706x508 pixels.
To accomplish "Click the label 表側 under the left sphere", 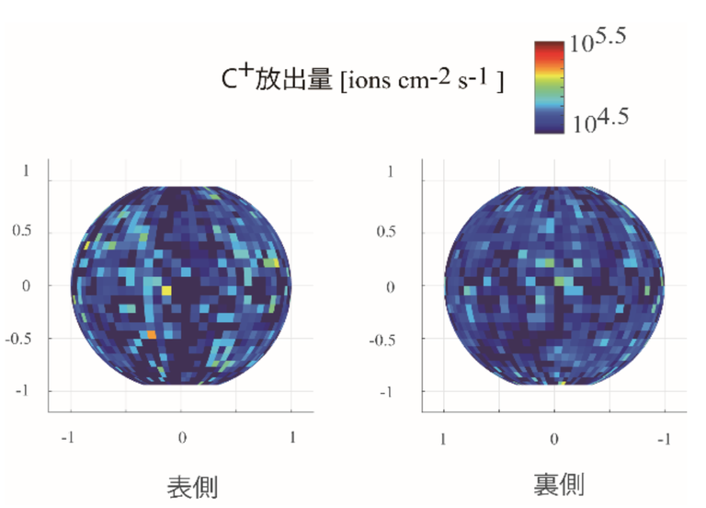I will pyautogui.click(x=192, y=485).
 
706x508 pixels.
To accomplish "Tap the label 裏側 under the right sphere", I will pyautogui.click(x=558, y=483).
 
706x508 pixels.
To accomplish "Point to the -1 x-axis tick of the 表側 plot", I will pyautogui.click(x=67, y=435).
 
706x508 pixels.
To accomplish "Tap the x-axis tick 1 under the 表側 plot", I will pyautogui.click(x=292, y=435).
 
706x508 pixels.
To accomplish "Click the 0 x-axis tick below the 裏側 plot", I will pyautogui.click(x=553, y=435).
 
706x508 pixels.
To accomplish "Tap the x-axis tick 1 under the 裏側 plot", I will pyautogui.click(x=444, y=435).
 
